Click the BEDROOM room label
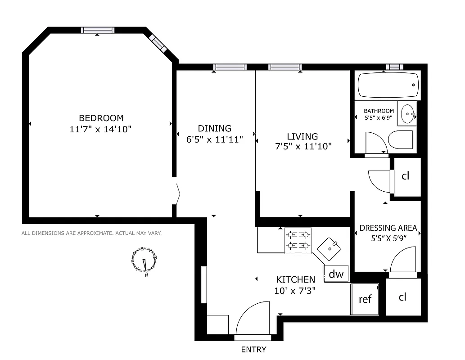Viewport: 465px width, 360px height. pyautogui.click(x=101, y=118)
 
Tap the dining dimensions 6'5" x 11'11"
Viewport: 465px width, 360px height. pyautogui.click(x=215, y=139)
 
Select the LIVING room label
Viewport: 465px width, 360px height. pyautogui.click(x=302, y=136)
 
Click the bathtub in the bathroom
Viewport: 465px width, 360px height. pyautogui.click(x=388, y=85)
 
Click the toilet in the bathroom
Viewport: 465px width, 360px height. pyautogui.click(x=400, y=140)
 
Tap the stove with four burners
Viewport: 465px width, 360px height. pyautogui.click(x=298, y=240)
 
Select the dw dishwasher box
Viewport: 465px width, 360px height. pyautogui.click(x=336, y=274)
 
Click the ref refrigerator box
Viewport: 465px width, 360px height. pyautogui.click(x=365, y=299)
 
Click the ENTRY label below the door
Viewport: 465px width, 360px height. pyautogui.click(x=253, y=350)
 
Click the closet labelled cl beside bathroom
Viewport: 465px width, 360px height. pyautogui.click(x=406, y=176)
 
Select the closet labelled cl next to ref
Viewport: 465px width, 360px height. pyautogui.click(x=402, y=297)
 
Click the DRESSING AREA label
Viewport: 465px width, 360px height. pyautogui.click(x=388, y=228)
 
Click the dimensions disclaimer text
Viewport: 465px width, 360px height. pyautogui.click(x=91, y=233)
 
